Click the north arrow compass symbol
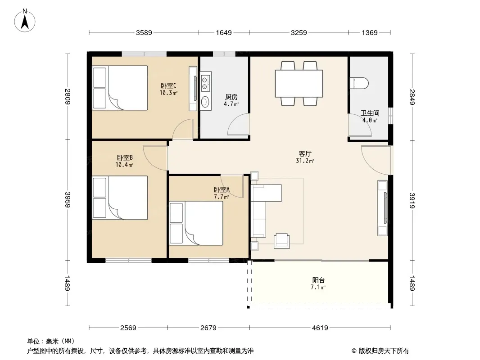25,21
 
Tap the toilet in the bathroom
359,83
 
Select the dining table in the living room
299,84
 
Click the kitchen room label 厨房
231,97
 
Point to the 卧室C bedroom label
168,85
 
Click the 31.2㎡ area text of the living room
305,161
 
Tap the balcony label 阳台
318,280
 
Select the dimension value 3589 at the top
144,32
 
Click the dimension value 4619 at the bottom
320,328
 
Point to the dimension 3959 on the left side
68,199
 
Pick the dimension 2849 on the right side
412,97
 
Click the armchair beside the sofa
281,241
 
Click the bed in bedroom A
196,223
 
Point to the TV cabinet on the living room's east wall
383,208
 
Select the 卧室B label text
125,158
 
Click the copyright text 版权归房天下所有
384,351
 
